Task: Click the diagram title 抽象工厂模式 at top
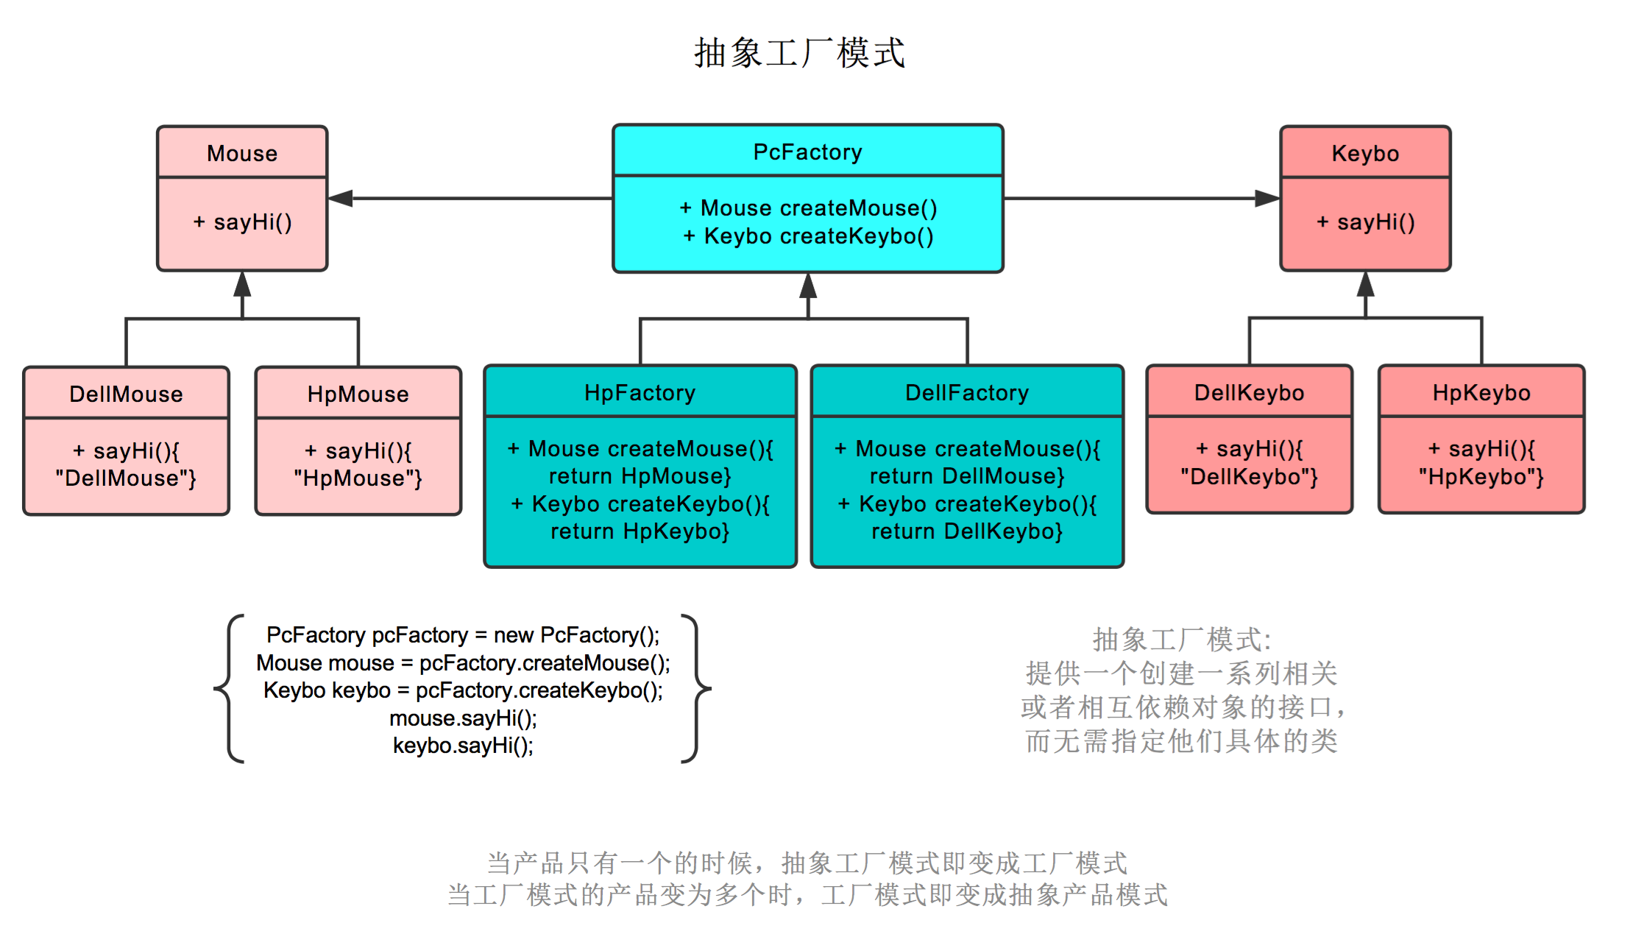pyautogui.click(x=799, y=53)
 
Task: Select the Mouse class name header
pyautogui.click(x=242, y=153)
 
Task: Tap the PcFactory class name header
pyautogui.click(x=807, y=152)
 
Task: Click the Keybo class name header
pyautogui.click(x=1365, y=153)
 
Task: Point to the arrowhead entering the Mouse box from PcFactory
pyautogui.click(x=341, y=198)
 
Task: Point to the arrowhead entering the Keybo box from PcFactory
pyautogui.click(x=1266, y=198)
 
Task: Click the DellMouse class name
pyautogui.click(x=126, y=394)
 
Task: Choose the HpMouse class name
pyautogui.click(x=358, y=394)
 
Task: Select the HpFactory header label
pyautogui.click(x=639, y=392)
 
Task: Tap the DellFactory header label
pyautogui.click(x=966, y=392)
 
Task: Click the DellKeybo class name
pyautogui.click(x=1249, y=392)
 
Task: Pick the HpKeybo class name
pyautogui.click(x=1481, y=392)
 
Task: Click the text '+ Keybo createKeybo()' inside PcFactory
pyautogui.click(x=808, y=236)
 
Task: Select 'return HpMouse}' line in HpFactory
pyautogui.click(x=639, y=476)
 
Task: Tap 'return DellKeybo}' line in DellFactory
pyautogui.click(x=966, y=531)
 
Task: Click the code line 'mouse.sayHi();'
pyautogui.click(x=463, y=718)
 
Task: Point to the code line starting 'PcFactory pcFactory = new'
pyautogui.click(x=463, y=634)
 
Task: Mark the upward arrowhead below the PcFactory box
pyautogui.click(x=808, y=286)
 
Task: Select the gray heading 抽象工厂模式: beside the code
pyautogui.click(x=1181, y=639)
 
